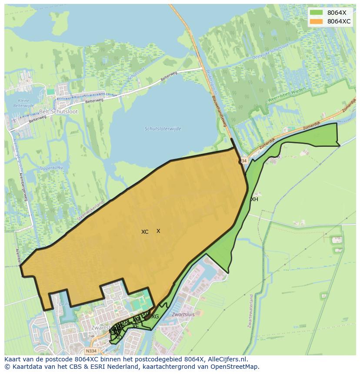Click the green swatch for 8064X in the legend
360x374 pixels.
coord(316,13)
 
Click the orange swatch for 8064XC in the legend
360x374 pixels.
coord(316,21)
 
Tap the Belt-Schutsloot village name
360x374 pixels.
coord(58,111)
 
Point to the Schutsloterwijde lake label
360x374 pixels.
coord(163,129)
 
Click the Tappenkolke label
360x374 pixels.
coord(52,167)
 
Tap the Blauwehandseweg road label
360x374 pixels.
coord(220,111)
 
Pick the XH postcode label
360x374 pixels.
coord(254,199)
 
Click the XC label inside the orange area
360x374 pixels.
coord(145,232)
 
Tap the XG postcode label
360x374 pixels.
coord(155,317)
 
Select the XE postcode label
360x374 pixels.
coord(136,326)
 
